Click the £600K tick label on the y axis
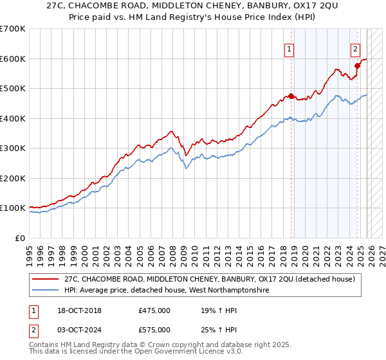pos(12,59)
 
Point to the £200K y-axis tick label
pos(12,178)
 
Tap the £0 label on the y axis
pos(20,238)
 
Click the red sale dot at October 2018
pos(291,96)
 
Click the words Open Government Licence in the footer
pos(183,352)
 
